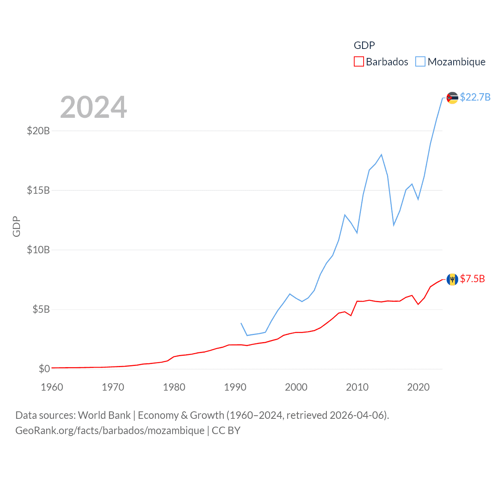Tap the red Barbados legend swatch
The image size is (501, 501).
click(359, 62)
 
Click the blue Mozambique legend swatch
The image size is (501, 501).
click(420, 62)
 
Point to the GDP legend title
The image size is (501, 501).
click(364, 45)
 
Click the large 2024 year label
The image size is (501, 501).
click(94, 107)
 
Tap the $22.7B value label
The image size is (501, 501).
click(475, 97)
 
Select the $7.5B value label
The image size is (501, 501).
click(472, 279)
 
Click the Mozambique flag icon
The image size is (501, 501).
click(452, 98)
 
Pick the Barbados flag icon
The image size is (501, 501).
click(452, 279)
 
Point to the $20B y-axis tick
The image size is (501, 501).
click(38, 131)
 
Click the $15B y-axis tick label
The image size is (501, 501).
click(38, 190)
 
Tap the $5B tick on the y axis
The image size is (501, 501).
click(41, 310)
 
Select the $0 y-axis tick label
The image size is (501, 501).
click(44, 369)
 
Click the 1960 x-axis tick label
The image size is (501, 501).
click(52, 387)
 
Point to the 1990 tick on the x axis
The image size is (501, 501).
click(235, 387)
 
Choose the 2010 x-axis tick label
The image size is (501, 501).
click(357, 387)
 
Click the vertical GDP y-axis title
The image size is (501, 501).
click(16, 226)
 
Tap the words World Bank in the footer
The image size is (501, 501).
click(105, 415)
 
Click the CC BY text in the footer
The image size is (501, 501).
click(226, 431)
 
